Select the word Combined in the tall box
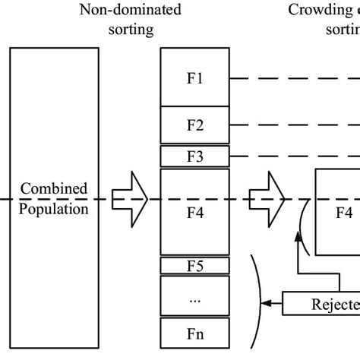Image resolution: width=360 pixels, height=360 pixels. point(54,188)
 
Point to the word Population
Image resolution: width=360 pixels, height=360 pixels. point(54,207)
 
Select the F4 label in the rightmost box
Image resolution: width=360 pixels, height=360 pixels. point(344,211)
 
